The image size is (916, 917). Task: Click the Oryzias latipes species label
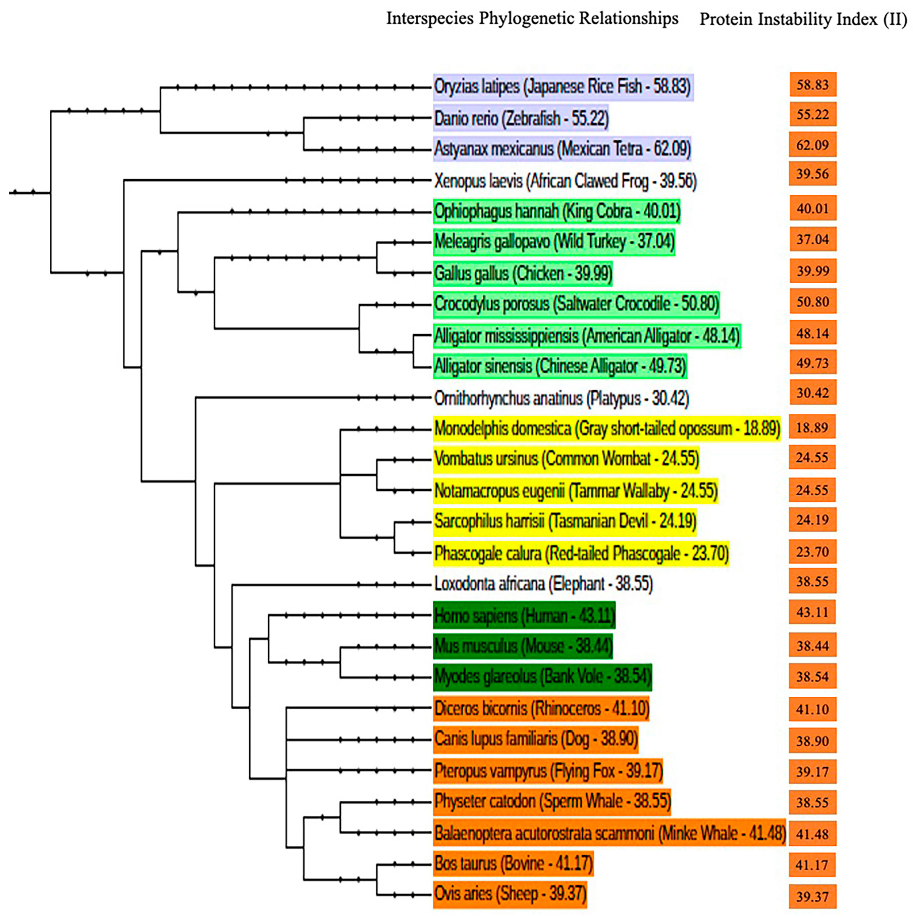pos(563,87)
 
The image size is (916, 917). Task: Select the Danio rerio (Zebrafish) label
pos(521,118)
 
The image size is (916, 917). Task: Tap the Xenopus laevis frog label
pos(565,181)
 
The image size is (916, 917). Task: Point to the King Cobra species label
pos(557,211)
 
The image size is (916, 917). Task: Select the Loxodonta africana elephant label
pos(543,583)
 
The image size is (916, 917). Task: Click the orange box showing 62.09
pos(812,145)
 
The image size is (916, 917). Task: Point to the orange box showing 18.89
pos(812,427)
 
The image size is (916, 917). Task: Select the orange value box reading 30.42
pos(812,393)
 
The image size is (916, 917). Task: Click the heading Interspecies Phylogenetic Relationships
pos(532,19)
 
